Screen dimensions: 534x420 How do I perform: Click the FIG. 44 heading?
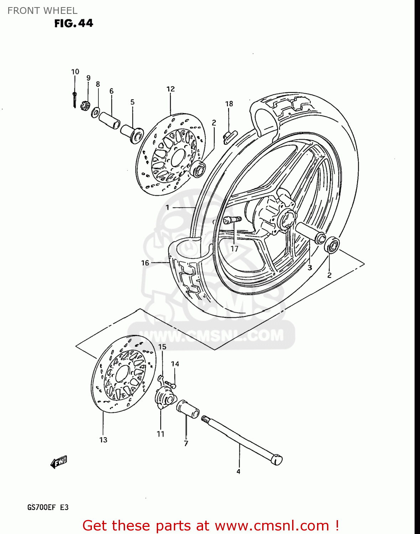pyautogui.click(x=73, y=23)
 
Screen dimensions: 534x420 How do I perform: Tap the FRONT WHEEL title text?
pyautogui.click(x=42, y=11)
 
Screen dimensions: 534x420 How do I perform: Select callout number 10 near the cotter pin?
pyautogui.click(x=75, y=72)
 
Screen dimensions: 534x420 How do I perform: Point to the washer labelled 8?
pyautogui.click(x=95, y=112)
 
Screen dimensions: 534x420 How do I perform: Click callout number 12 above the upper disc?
pyautogui.click(x=171, y=89)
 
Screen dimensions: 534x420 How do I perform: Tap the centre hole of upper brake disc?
pyautogui.click(x=178, y=157)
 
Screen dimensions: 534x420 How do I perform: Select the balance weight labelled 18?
pyautogui.click(x=230, y=136)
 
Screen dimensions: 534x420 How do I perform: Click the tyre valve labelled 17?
pyautogui.click(x=232, y=220)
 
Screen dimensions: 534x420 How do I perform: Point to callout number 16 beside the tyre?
pyautogui.click(x=145, y=263)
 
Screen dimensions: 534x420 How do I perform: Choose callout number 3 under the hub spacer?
pyautogui.click(x=310, y=267)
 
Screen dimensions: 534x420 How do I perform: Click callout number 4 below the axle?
pyautogui.click(x=238, y=472)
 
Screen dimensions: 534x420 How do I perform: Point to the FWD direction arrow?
pyautogui.click(x=59, y=462)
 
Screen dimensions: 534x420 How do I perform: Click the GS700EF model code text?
pyautogui.click(x=41, y=507)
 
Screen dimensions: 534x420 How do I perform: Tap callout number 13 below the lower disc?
pyautogui.click(x=103, y=440)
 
